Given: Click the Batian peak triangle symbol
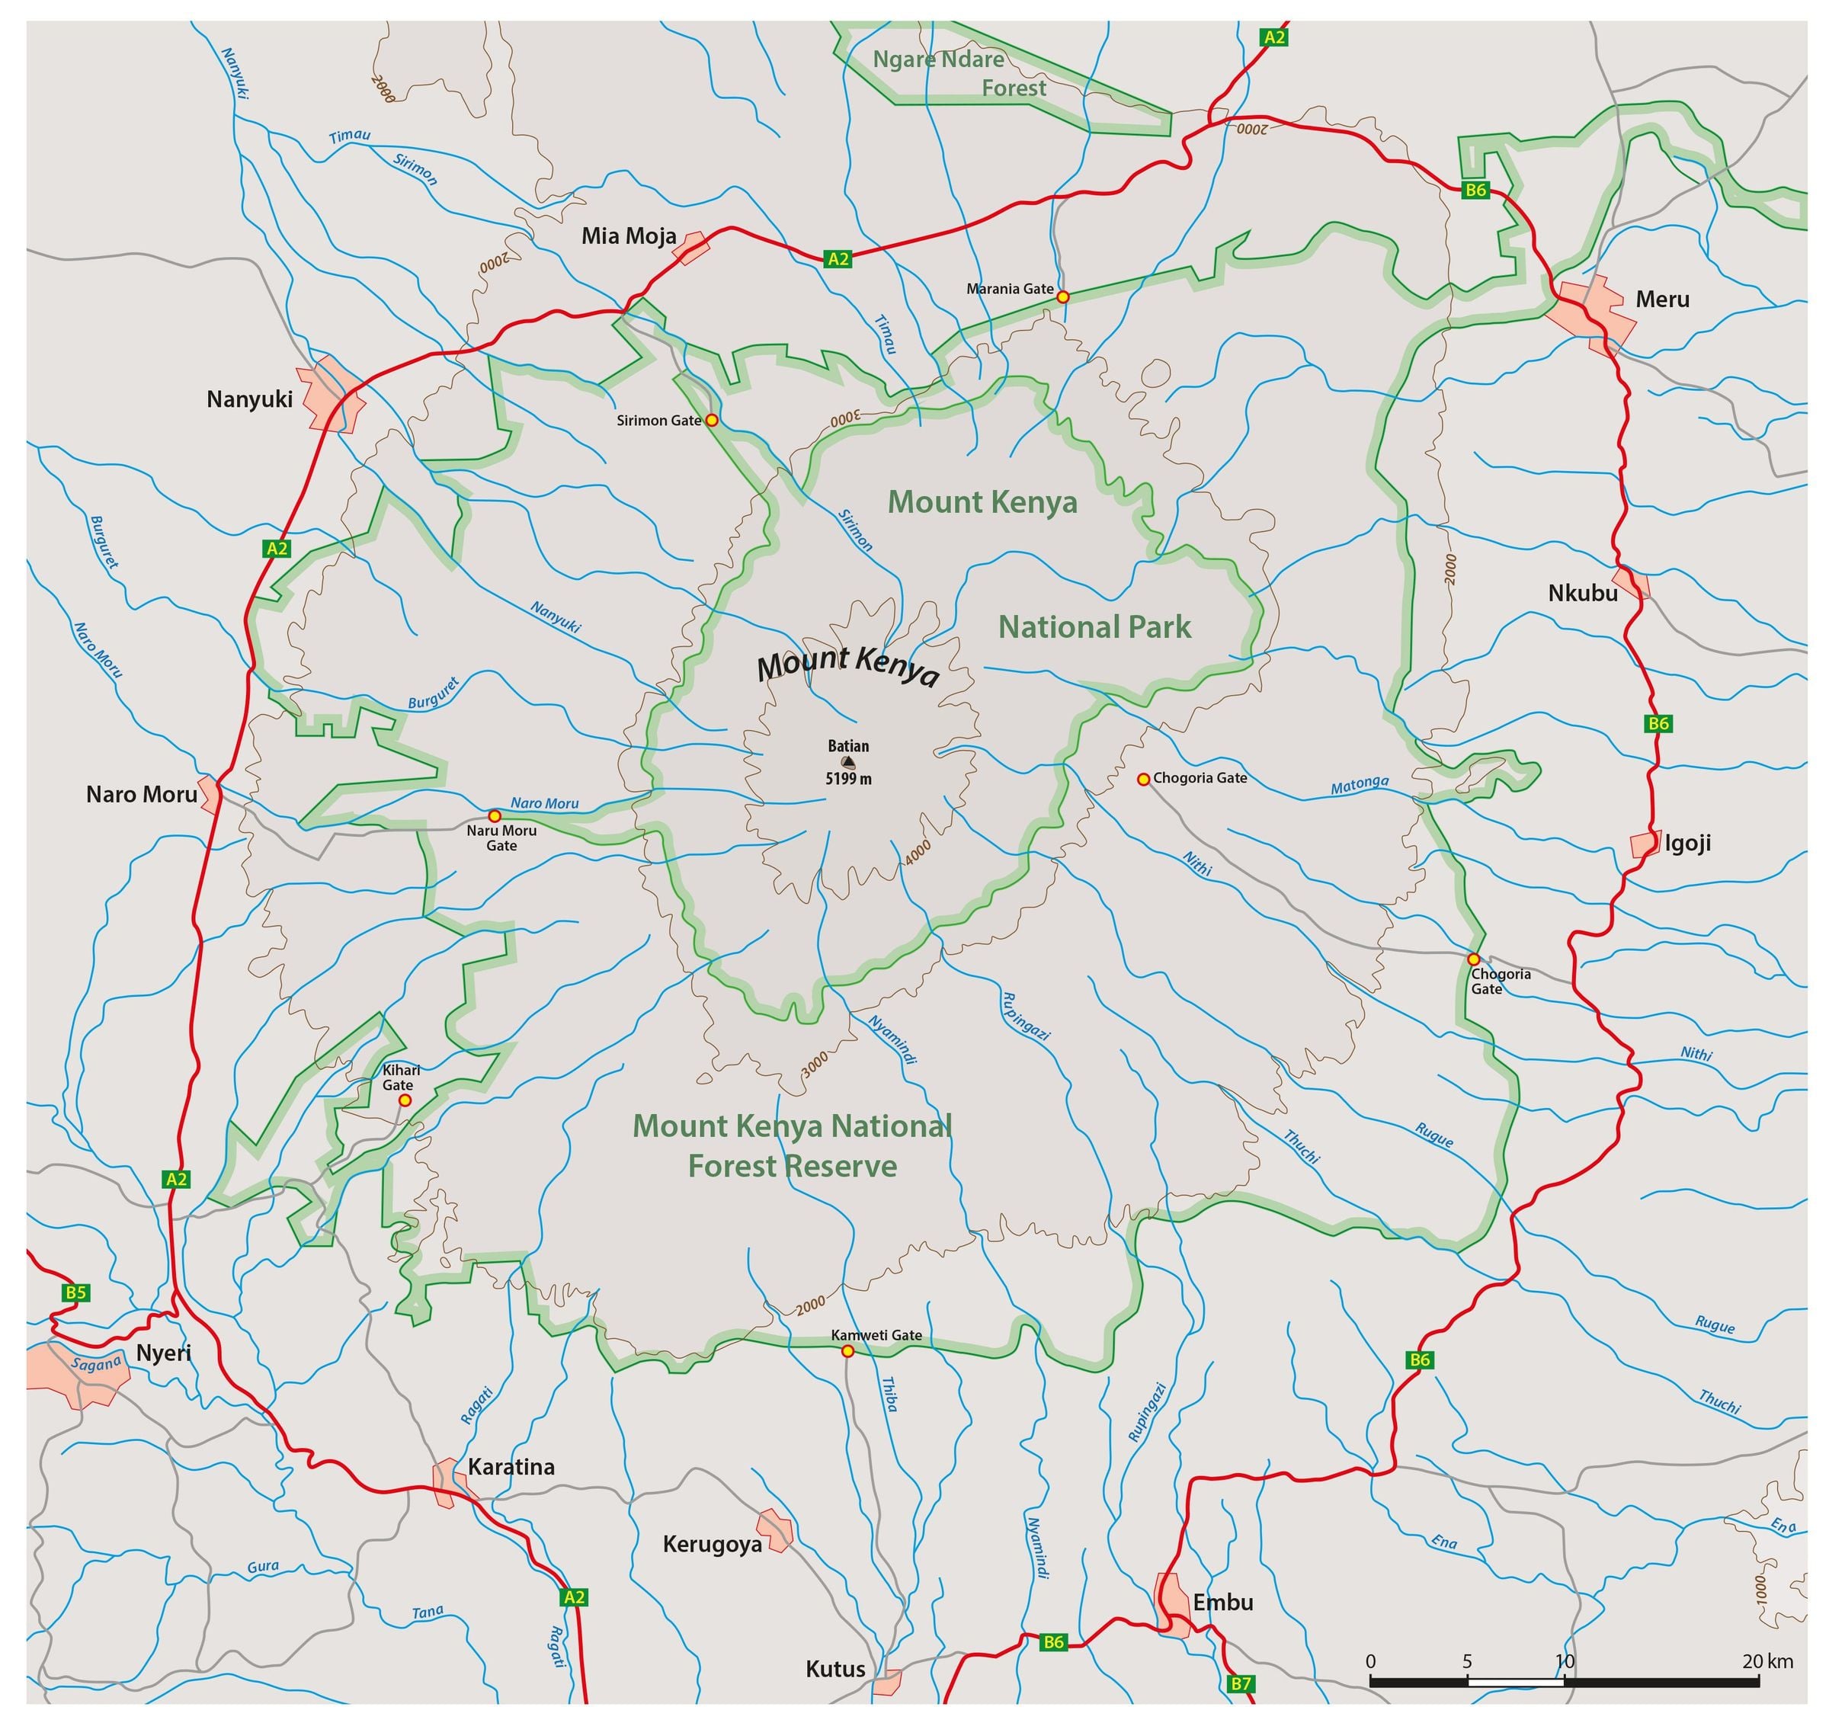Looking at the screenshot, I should [848, 762].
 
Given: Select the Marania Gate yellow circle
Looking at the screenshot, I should [1062, 296].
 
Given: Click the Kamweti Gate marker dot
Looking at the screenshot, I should [847, 1350].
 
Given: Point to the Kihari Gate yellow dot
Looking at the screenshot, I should [405, 1100].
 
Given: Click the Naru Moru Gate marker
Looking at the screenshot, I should [494, 816].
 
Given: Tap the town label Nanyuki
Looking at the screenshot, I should [249, 399].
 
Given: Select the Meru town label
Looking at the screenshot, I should [1662, 299].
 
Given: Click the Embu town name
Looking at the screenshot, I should [1222, 1602].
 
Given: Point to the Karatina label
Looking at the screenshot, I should [511, 1466].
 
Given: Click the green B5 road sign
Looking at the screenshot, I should [75, 1292].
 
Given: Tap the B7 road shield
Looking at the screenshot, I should [1241, 1683].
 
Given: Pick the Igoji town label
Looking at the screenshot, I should [1688, 844].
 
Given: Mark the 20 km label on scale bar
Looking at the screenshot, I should [1767, 1661].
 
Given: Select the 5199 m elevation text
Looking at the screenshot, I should [848, 779].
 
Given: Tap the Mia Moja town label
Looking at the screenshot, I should [629, 236].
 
